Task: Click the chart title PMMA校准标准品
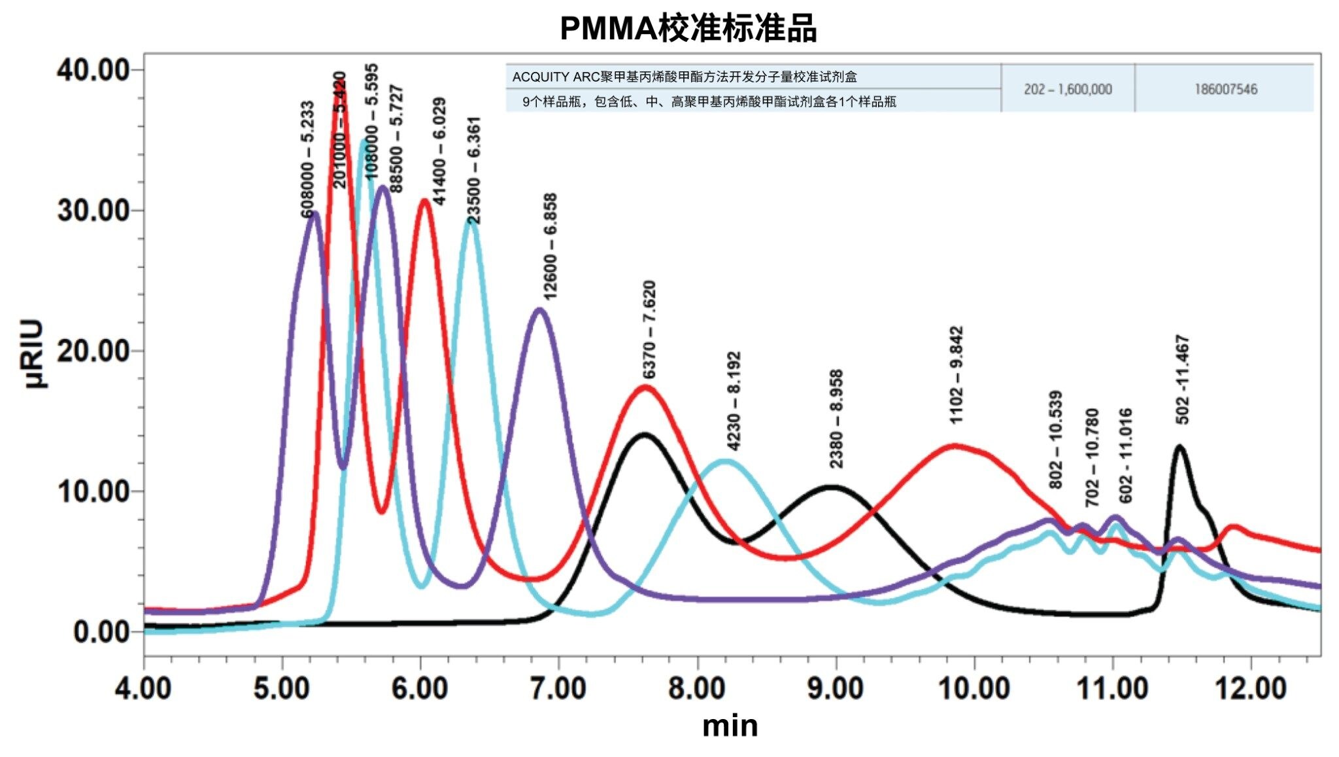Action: (688, 29)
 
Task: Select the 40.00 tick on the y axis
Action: (93, 70)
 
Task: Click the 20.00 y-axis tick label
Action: (93, 351)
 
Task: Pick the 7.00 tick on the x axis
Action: (559, 689)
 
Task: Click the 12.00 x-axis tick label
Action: (1251, 689)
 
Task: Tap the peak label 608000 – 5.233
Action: (307, 160)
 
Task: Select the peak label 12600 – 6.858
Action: (551, 246)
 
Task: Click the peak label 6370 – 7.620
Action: (649, 330)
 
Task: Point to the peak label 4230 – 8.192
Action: (734, 401)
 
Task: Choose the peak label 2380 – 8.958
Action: (836, 419)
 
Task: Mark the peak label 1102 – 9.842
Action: (956, 375)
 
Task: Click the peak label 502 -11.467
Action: (1182, 379)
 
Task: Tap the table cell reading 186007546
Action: (1225, 89)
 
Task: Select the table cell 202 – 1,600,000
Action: (1068, 89)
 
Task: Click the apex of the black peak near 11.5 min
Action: (1179, 446)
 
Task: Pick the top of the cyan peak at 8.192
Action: (726, 461)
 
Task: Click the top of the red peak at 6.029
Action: (425, 200)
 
